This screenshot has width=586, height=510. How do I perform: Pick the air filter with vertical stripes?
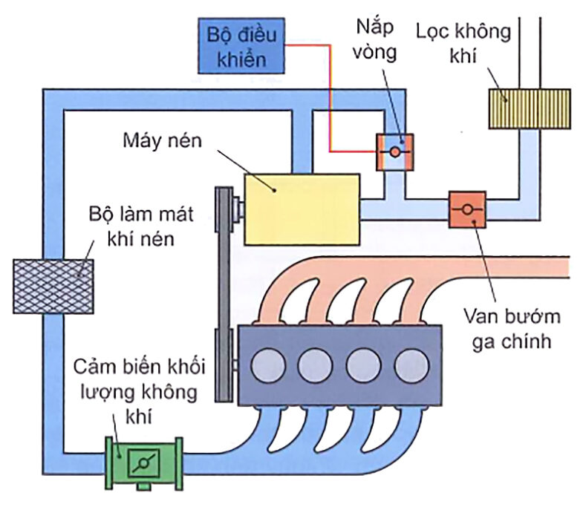pos(528,109)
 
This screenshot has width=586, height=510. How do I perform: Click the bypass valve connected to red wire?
pos(394,151)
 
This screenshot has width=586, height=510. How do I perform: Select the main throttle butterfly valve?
pos(467,209)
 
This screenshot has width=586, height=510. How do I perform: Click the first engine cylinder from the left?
pos(267,364)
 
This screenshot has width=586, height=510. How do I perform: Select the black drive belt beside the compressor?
pos(221,297)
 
